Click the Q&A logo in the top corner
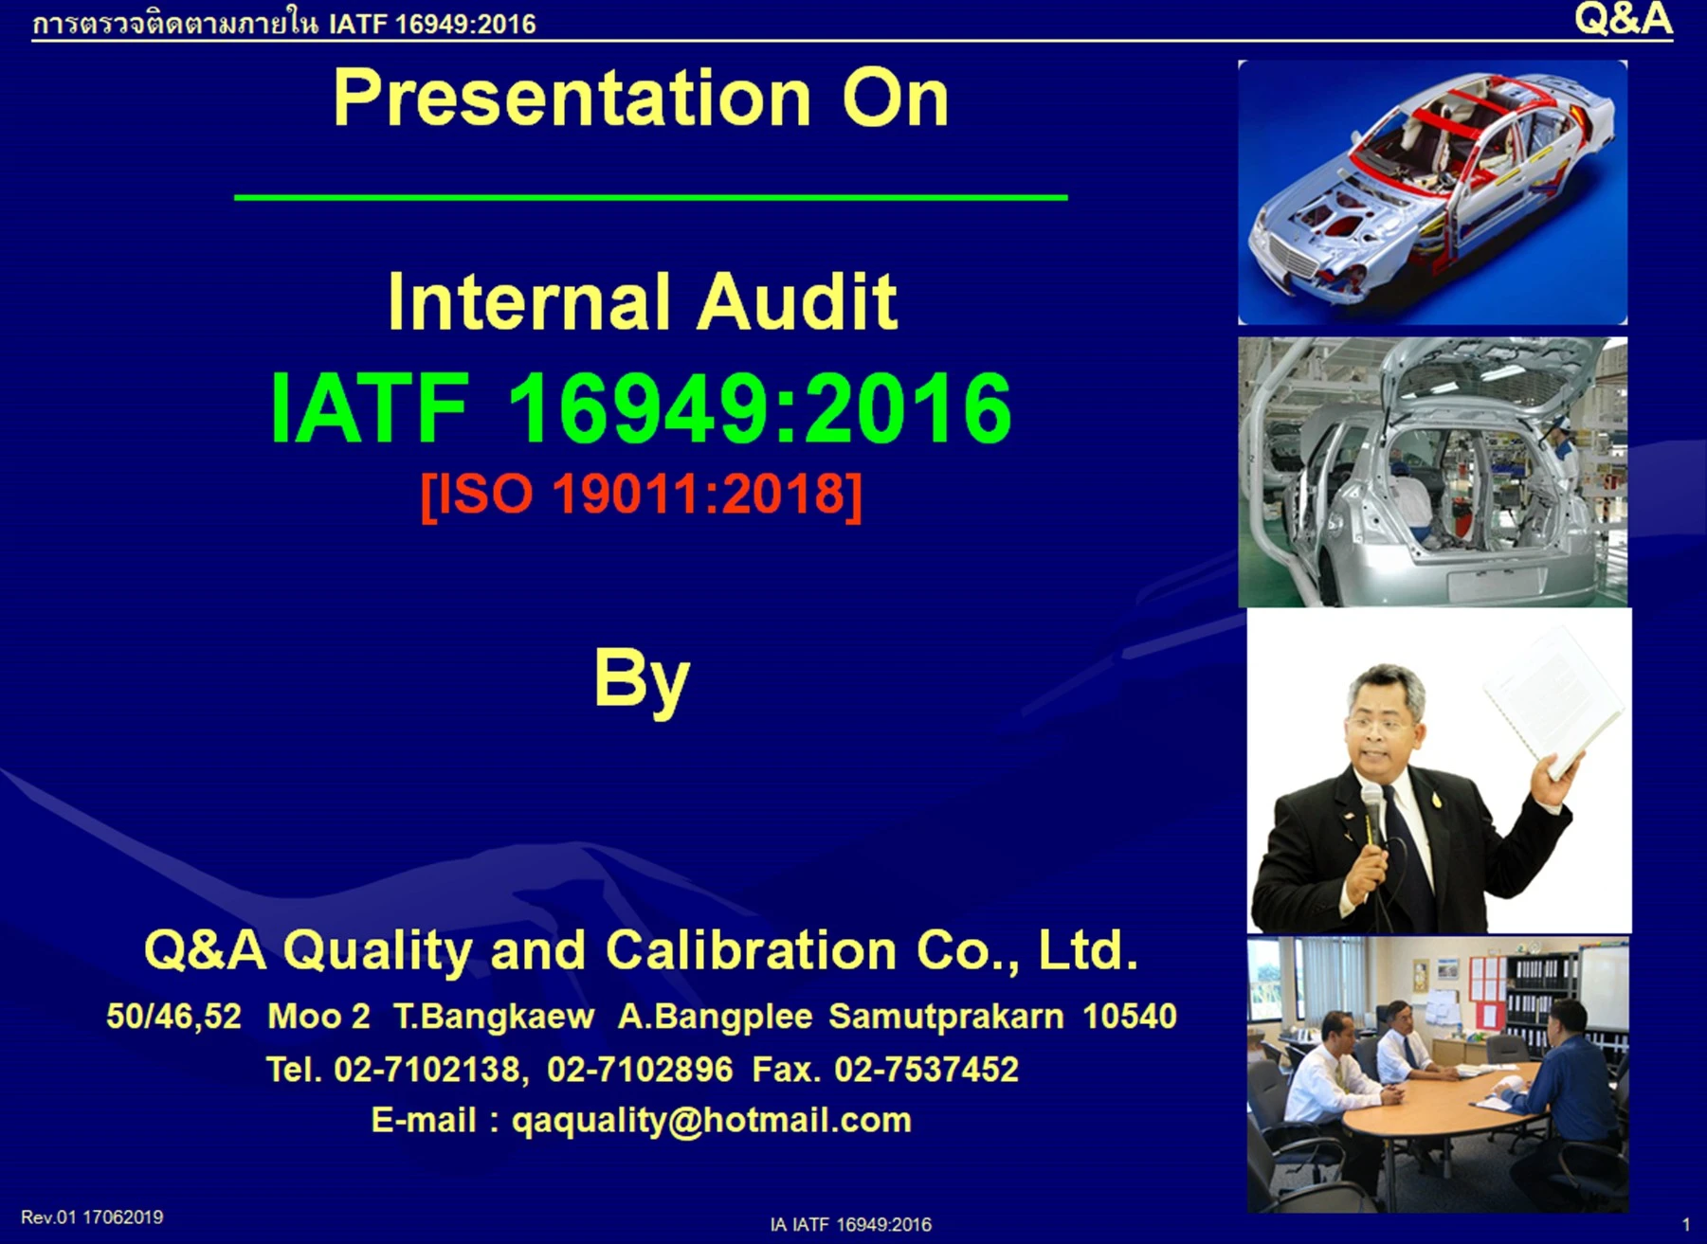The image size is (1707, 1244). coord(1623,19)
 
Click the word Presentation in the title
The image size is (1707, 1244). coord(572,99)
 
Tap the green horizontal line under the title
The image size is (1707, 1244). coord(650,197)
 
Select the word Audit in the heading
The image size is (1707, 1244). coord(797,302)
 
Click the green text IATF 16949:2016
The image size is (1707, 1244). coord(641,408)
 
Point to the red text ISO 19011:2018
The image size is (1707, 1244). coord(641,494)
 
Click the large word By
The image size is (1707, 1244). coord(642,679)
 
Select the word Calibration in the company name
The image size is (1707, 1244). coord(751,950)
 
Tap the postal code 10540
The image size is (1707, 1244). coord(1129,1017)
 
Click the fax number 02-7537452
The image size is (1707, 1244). coord(926,1070)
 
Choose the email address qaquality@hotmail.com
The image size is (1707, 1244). coord(711,1121)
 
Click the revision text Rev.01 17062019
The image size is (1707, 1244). coord(92,1217)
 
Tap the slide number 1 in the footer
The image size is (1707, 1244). coord(1685,1225)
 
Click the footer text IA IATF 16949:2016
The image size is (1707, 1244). coord(850,1225)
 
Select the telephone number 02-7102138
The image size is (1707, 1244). coord(427,1070)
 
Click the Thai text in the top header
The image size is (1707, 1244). coord(174,23)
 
